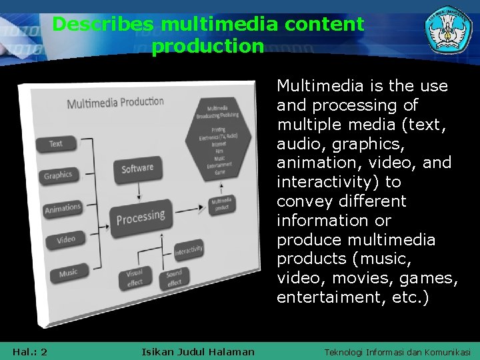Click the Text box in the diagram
click(57, 143)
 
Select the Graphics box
click(58, 175)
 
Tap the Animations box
click(62, 208)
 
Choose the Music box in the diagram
click(68, 273)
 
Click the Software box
click(137, 169)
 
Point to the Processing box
click(141, 217)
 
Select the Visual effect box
click(135, 277)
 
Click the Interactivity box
click(189, 250)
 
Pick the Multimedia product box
click(222, 205)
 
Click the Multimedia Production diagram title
click(115, 103)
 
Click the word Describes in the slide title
click(104, 25)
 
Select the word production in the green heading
click(208, 47)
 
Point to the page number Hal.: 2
click(29, 351)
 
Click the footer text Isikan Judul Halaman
click(198, 351)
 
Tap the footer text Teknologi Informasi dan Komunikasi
click(397, 351)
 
